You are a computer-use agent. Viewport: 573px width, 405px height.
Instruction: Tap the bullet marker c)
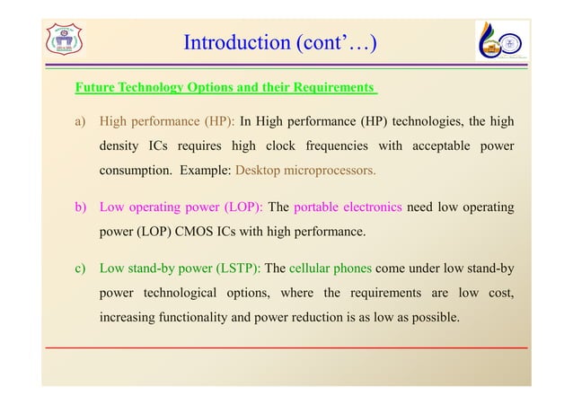[x=81, y=267]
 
